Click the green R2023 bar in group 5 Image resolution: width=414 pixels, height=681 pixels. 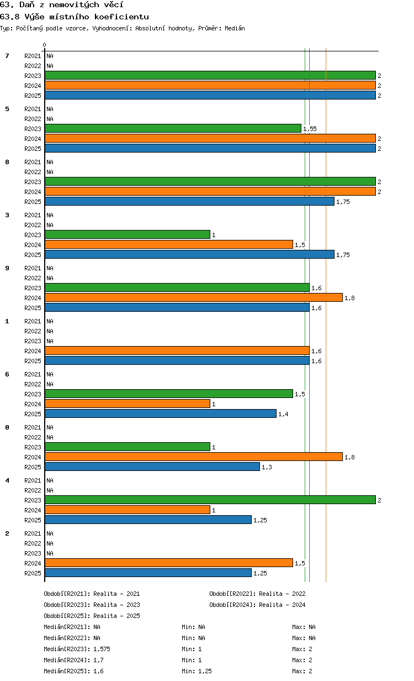173,128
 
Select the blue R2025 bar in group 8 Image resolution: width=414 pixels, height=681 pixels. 190,201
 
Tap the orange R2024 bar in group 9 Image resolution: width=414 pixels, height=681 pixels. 194,297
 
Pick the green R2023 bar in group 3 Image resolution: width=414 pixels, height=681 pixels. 128,234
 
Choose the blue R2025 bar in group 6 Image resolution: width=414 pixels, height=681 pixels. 161,413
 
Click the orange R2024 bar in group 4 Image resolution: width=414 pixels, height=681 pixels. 128,510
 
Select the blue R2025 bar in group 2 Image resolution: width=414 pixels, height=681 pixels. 148,573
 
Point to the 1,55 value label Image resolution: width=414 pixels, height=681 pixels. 310,129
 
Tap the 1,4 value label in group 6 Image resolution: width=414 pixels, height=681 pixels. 284,414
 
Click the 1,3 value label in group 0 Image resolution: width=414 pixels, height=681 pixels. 267,467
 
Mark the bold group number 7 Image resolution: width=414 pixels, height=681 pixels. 7,56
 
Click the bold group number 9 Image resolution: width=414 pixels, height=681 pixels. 7,268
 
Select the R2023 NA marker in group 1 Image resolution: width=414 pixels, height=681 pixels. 50,341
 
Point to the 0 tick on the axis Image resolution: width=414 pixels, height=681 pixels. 44,45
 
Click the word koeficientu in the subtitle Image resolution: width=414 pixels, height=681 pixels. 121,17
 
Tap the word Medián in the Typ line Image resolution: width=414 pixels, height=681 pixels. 235,28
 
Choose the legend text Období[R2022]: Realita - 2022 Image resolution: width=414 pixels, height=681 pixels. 257,594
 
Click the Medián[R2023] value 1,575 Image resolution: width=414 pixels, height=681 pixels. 102,649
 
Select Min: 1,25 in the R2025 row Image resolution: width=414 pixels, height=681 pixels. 197,670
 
